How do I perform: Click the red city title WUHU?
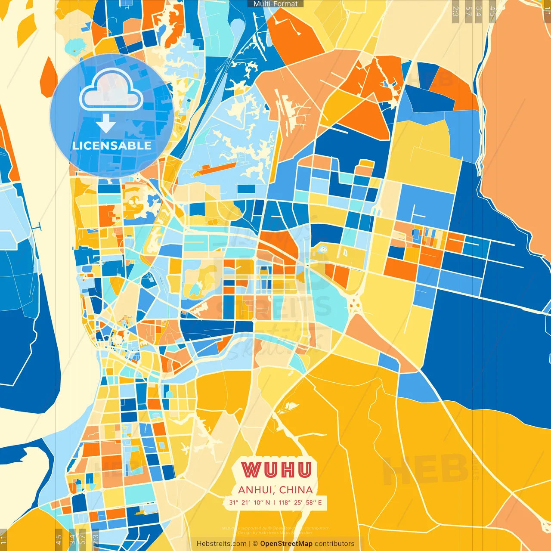click(276, 470)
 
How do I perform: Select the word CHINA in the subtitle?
click(296, 490)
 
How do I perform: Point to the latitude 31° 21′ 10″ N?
click(250, 502)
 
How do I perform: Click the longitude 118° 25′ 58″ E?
click(300, 502)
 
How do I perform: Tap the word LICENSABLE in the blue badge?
click(111, 145)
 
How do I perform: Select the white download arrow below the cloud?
click(106, 123)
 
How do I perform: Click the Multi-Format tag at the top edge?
click(275, 4)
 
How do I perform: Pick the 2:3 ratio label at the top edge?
click(455, 11)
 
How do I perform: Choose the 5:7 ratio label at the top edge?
click(468, 11)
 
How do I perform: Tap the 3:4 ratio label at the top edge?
click(478, 11)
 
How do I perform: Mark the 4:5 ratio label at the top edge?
click(492, 11)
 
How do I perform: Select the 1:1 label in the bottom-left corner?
click(4, 540)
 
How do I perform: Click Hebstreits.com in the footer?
click(222, 544)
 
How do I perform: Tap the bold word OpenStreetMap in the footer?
click(286, 544)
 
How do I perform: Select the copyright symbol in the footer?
click(255, 544)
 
